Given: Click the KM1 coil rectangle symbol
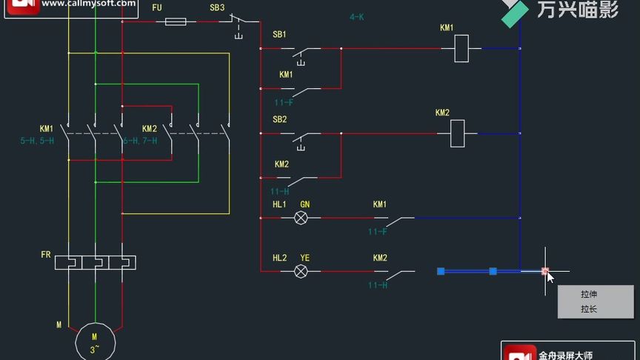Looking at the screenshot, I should tap(459, 49).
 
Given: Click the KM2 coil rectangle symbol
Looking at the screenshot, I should tap(458, 133).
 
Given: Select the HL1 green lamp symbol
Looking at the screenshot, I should tap(301, 218).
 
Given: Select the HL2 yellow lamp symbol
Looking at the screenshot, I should tap(301, 271).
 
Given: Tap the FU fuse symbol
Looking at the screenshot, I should tap(175, 21).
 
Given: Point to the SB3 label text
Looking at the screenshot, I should tap(217, 7).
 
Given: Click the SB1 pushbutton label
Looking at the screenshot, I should tap(279, 35).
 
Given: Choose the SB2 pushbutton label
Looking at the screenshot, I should tap(279, 119).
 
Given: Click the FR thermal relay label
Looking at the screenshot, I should tap(46, 254).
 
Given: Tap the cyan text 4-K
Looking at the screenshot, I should tap(356, 16).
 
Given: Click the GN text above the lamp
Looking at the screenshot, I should tap(304, 204).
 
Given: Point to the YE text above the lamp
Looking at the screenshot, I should tap(304, 258).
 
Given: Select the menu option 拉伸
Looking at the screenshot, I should tap(588, 294).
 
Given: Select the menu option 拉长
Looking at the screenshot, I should tap(588, 309).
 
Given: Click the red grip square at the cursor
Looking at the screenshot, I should tap(545, 271).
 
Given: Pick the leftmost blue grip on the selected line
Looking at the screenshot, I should tap(441, 271).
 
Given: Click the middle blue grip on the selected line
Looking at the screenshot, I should tap(493, 271).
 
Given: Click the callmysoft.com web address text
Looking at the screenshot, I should tap(88, 4).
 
